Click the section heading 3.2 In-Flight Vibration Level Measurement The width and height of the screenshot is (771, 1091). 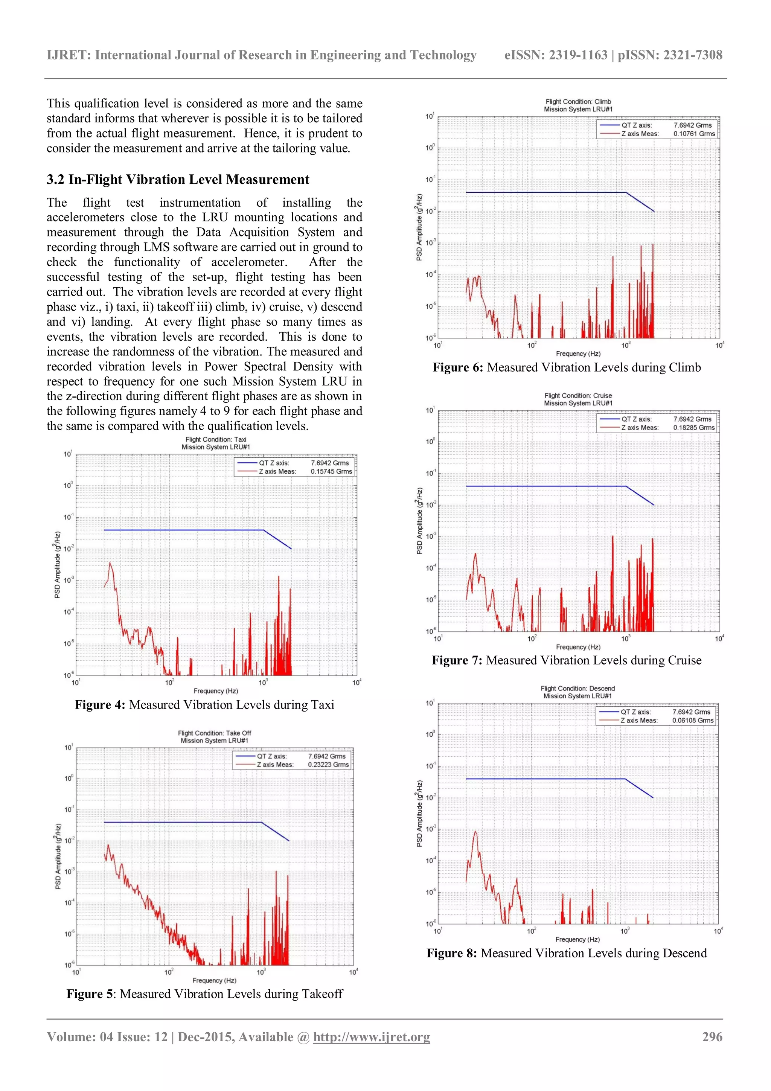tap(178, 180)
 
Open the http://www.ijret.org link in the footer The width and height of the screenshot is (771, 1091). tap(371, 1037)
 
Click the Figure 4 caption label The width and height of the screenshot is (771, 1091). tap(100, 705)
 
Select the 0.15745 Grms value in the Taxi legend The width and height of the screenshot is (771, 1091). tap(331, 471)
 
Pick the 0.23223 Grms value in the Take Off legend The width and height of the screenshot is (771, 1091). tap(328, 765)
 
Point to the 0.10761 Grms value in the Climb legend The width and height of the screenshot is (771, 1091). tap(694, 134)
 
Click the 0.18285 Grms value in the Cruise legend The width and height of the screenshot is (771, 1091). tap(693, 428)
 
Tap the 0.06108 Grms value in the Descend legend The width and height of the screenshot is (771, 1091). tap(693, 720)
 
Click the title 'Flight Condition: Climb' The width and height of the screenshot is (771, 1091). tap(578, 102)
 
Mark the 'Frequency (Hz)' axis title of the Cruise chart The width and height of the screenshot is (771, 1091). tap(578, 647)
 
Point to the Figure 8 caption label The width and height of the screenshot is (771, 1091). tap(451, 953)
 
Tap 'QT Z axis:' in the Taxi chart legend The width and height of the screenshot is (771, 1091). tap(274, 463)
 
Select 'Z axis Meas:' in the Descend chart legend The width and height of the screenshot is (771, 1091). tap(639, 720)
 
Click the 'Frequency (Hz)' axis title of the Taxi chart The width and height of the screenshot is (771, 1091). tap(216, 691)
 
